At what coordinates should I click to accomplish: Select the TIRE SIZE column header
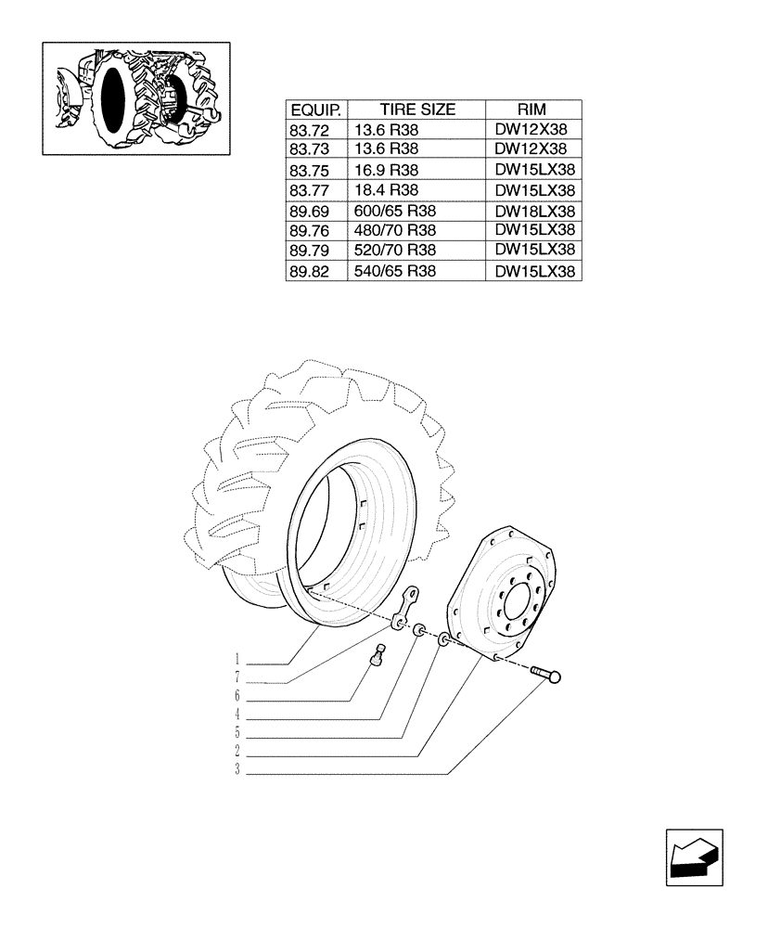[416, 110]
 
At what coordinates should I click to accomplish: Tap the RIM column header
[533, 110]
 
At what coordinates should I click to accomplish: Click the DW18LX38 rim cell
[535, 211]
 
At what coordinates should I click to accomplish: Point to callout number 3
[237, 770]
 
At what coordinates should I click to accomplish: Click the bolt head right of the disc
[555, 677]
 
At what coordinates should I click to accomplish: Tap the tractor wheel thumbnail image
[136, 97]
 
